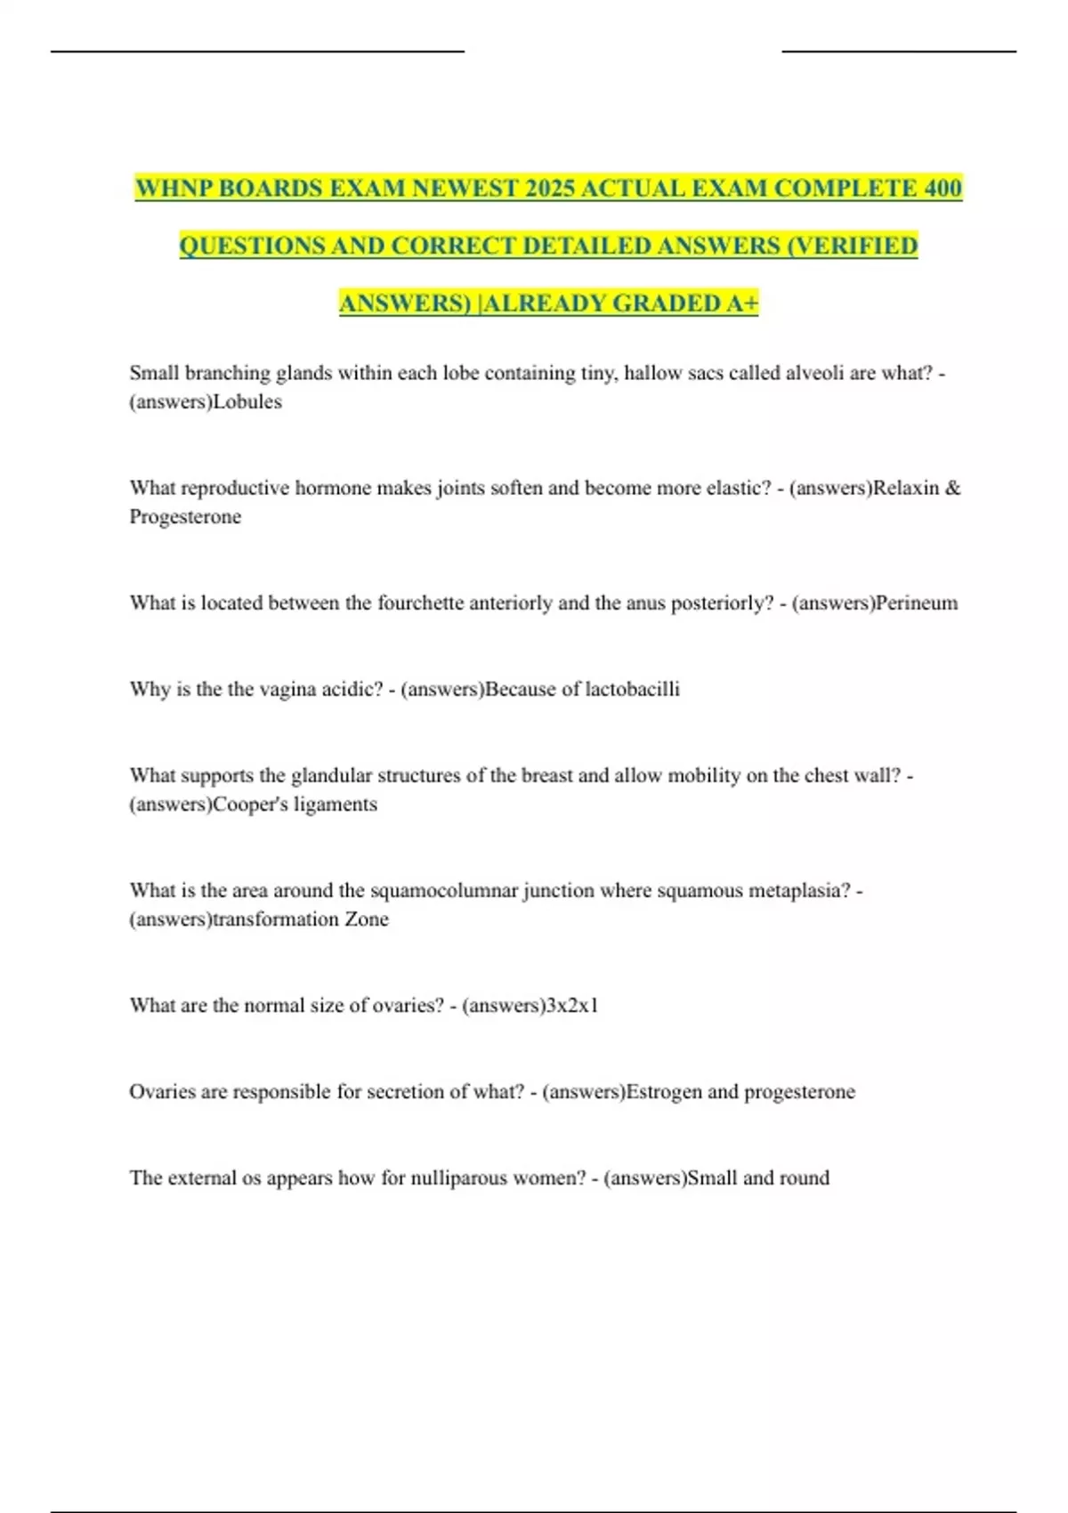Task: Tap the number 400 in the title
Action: (942, 189)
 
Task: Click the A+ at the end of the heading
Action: (742, 303)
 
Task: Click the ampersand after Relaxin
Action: (952, 488)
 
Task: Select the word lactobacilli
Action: (632, 689)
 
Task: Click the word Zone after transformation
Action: (366, 918)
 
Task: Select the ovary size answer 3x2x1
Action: (571, 1005)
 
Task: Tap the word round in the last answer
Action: (804, 1177)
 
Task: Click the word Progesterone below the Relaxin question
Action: (185, 516)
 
